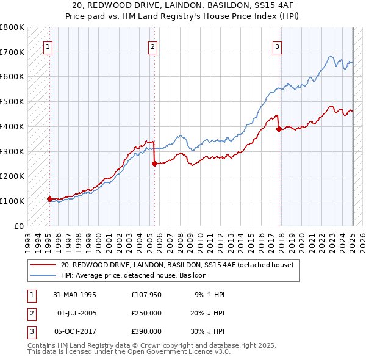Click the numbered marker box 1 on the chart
point(47,45)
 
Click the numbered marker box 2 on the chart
point(152,45)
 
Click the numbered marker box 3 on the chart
point(277,45)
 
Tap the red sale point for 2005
point(154,163)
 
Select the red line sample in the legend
point(43,265)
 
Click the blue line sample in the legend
point(43,275)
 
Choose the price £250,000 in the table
point(146,313)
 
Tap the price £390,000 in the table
point(146,331)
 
